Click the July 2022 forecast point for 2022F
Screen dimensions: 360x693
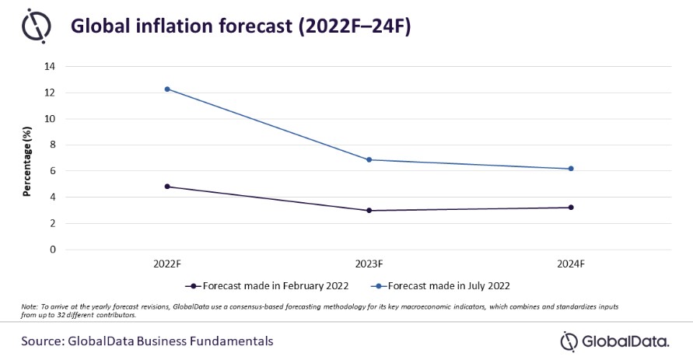point(167,89)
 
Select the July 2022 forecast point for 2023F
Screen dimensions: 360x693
point(369,159)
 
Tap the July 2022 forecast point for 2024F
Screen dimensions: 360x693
point(572,169)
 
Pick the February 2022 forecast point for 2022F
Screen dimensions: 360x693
point(167,187)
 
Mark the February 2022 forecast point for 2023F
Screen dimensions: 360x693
point(369,210)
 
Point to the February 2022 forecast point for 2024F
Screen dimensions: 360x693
point(572,207)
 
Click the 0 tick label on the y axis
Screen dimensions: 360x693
point(52,250)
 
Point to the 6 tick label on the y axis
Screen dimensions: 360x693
point(52,171)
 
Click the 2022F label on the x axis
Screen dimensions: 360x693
point(167,263)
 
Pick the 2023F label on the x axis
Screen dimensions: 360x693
point(369,263)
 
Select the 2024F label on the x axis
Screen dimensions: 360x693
point(572,263)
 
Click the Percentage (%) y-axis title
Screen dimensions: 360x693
point(26,159)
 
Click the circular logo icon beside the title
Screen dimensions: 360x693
point(35,28)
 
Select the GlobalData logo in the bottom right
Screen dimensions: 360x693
point(614,341)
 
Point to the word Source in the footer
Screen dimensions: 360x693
point(45,341)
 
